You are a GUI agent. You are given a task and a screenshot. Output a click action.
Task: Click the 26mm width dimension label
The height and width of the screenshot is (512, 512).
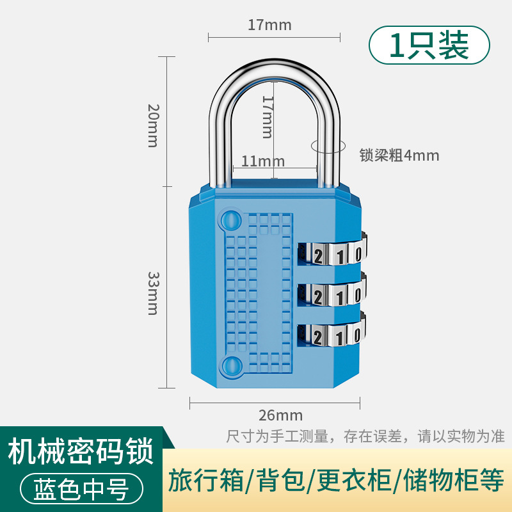pos(280,415)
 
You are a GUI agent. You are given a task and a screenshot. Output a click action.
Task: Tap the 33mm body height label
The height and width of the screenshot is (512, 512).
pos(153,293)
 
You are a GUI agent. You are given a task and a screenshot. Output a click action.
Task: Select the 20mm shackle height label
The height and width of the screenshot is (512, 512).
pos(153,125)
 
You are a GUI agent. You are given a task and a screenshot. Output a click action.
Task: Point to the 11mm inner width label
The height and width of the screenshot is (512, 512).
pos(263,161)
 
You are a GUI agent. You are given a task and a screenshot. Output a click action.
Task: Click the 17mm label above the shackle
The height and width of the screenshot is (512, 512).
pos(269,25)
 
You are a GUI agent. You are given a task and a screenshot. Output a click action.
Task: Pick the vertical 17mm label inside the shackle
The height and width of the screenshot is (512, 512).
pos(268,117)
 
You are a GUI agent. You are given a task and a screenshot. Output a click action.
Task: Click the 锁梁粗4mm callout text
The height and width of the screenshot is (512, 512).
pos(399,155)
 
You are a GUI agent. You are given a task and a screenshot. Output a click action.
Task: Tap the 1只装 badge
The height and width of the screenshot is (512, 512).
pos(429,45)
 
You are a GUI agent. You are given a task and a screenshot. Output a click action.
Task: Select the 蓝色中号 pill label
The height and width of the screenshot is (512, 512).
pos(82,489)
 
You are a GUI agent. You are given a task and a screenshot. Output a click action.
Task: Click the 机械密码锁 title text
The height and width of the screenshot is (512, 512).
pos(81,451)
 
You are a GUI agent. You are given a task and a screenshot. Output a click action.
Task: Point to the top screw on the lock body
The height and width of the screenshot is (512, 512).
pos(231,220)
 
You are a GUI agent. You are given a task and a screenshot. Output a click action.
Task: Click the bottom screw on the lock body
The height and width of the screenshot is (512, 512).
pos(231,365)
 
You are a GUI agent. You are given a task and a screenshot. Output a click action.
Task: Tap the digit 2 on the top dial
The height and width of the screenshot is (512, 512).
pos(318,255)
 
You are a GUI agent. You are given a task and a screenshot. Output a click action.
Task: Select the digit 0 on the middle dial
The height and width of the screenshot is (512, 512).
pos(357,295)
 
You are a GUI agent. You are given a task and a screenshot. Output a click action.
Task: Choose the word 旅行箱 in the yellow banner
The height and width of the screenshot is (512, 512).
pos(205,481)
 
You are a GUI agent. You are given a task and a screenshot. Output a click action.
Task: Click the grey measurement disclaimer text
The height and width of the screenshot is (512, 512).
pos(365,436)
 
